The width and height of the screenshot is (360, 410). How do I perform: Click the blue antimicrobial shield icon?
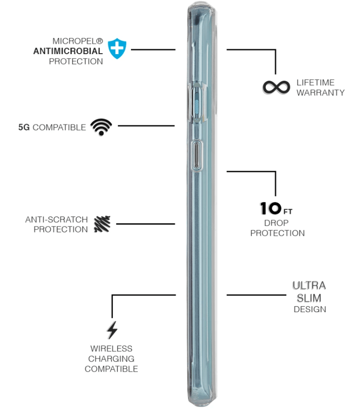point(118,49)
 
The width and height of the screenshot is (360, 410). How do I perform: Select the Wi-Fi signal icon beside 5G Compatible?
point(101,127)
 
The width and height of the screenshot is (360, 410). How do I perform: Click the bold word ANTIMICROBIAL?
point(68,51)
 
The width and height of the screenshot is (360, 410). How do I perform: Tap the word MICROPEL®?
point(77,41)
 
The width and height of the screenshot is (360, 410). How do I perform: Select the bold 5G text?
point(24,127)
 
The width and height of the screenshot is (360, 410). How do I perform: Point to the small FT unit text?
point(287,212)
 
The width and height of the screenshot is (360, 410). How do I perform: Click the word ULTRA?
point(309,285)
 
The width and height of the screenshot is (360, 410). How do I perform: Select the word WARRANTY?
point(320,92)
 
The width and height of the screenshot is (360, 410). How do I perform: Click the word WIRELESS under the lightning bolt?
point(111,349)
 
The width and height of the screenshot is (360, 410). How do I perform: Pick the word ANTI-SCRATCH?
point(56,219)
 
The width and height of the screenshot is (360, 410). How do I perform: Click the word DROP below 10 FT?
point(277,223)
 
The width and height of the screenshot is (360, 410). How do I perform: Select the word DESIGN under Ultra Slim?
point(310,309)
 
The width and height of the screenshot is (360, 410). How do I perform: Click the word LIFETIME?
point(315,82)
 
